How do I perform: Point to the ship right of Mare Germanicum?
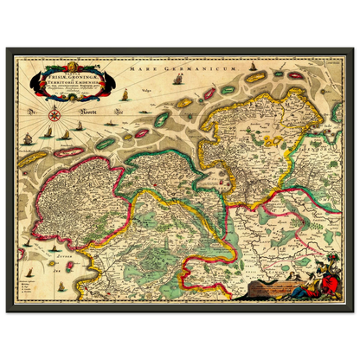point(178,80)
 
